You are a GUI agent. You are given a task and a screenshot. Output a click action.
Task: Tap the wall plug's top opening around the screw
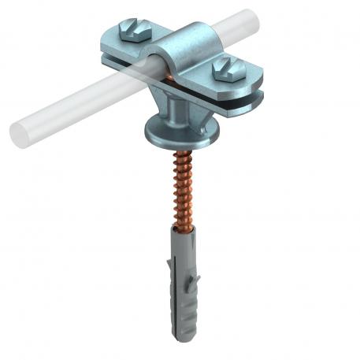[x=174, y=229]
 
